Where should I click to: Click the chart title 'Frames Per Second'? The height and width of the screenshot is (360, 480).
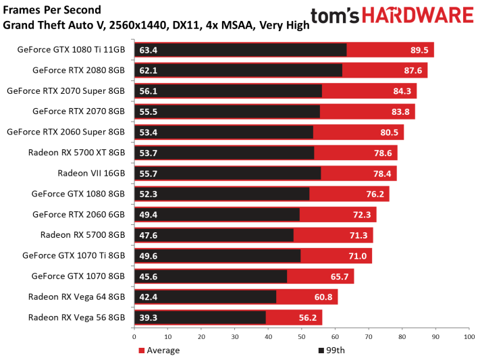[x=52, y=10]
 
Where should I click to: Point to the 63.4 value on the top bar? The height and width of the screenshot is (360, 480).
[x=149, y=49]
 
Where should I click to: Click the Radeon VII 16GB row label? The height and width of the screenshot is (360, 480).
[x=91, y=173]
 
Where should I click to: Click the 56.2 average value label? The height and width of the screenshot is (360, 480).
[x=308, y=317]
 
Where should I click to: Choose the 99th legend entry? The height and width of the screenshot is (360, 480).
[x=330, y=350]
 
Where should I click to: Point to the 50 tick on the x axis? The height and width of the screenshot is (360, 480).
[x=301, y=335]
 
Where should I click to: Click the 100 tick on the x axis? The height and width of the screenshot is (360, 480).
[x=467, y=335]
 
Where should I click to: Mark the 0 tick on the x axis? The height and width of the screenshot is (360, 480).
[x=134, y=335]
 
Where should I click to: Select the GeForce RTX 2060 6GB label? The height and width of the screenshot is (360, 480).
[x=78, y=214]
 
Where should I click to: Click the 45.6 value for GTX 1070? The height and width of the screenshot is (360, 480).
[x=149, y=276]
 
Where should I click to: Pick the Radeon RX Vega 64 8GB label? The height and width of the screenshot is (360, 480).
[x=76, y=297]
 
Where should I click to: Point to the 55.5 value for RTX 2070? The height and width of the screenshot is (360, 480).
[x=149, y=111]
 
